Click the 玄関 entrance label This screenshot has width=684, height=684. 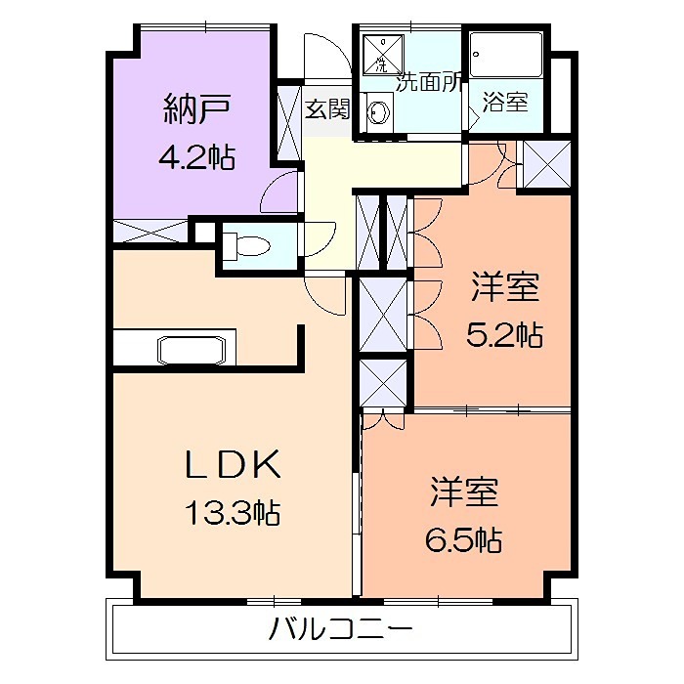point(326,108)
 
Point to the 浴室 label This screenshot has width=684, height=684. point(505,102)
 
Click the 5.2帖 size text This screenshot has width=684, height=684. point(503,335)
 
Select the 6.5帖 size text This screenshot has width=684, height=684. point(463,538)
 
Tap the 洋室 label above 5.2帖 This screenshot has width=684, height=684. point(505,288)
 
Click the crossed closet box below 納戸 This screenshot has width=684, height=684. point(150,232)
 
